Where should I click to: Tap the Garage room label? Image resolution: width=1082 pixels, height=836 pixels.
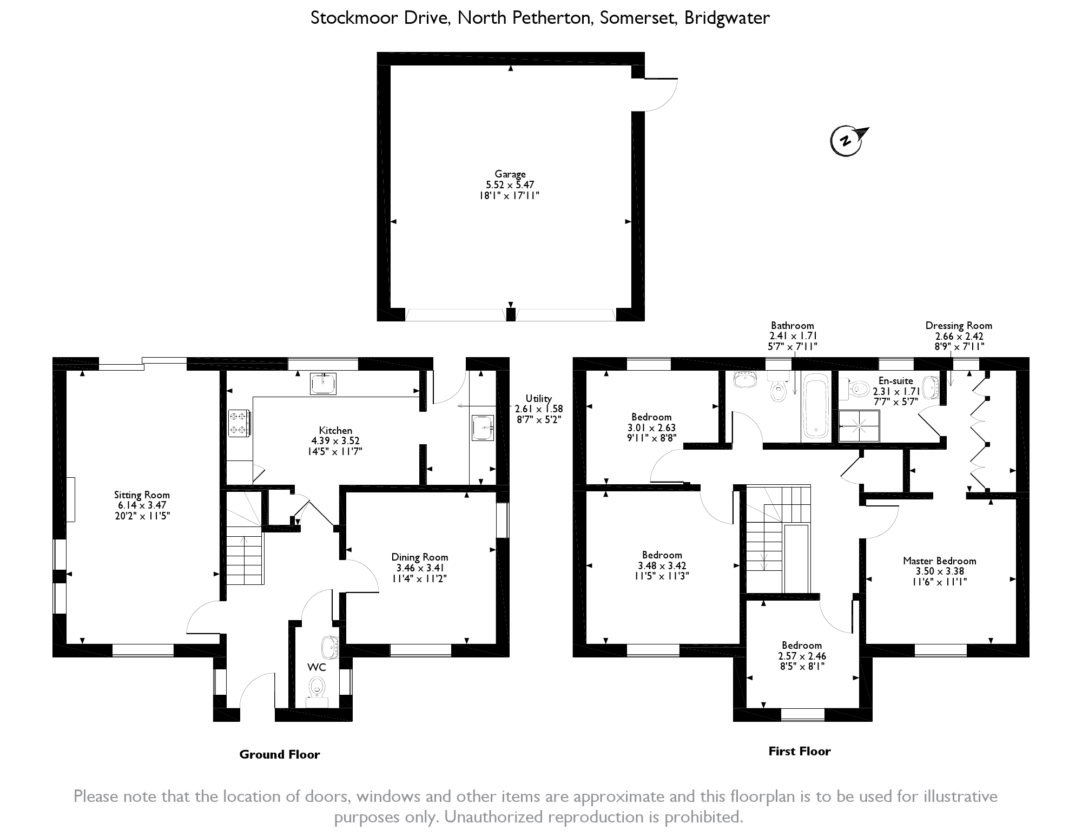click(510, 174)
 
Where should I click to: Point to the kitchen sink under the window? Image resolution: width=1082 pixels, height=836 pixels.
click(323, 384)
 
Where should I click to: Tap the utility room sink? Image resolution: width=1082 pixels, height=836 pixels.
click(483, 428)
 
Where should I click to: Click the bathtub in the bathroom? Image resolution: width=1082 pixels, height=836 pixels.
click(815, 405)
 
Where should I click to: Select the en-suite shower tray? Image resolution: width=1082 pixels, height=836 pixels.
click(859, 426)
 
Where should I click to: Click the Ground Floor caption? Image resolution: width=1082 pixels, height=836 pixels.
click(279, 754)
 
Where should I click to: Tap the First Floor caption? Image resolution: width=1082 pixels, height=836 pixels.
click(799, 751)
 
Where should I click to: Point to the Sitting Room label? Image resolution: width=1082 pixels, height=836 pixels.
click(142, 495)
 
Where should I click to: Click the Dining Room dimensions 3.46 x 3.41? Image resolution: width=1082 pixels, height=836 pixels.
click(420, 568)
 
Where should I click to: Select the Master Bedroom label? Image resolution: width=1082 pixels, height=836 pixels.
click(939, 561)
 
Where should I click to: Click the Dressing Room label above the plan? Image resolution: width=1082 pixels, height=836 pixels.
click(959, 325)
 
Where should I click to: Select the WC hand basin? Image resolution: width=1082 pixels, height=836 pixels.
click(330, 646)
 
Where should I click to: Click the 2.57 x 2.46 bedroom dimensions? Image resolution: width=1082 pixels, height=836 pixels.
click(802, 656)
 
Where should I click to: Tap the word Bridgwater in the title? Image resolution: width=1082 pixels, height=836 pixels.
click(727, 18)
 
